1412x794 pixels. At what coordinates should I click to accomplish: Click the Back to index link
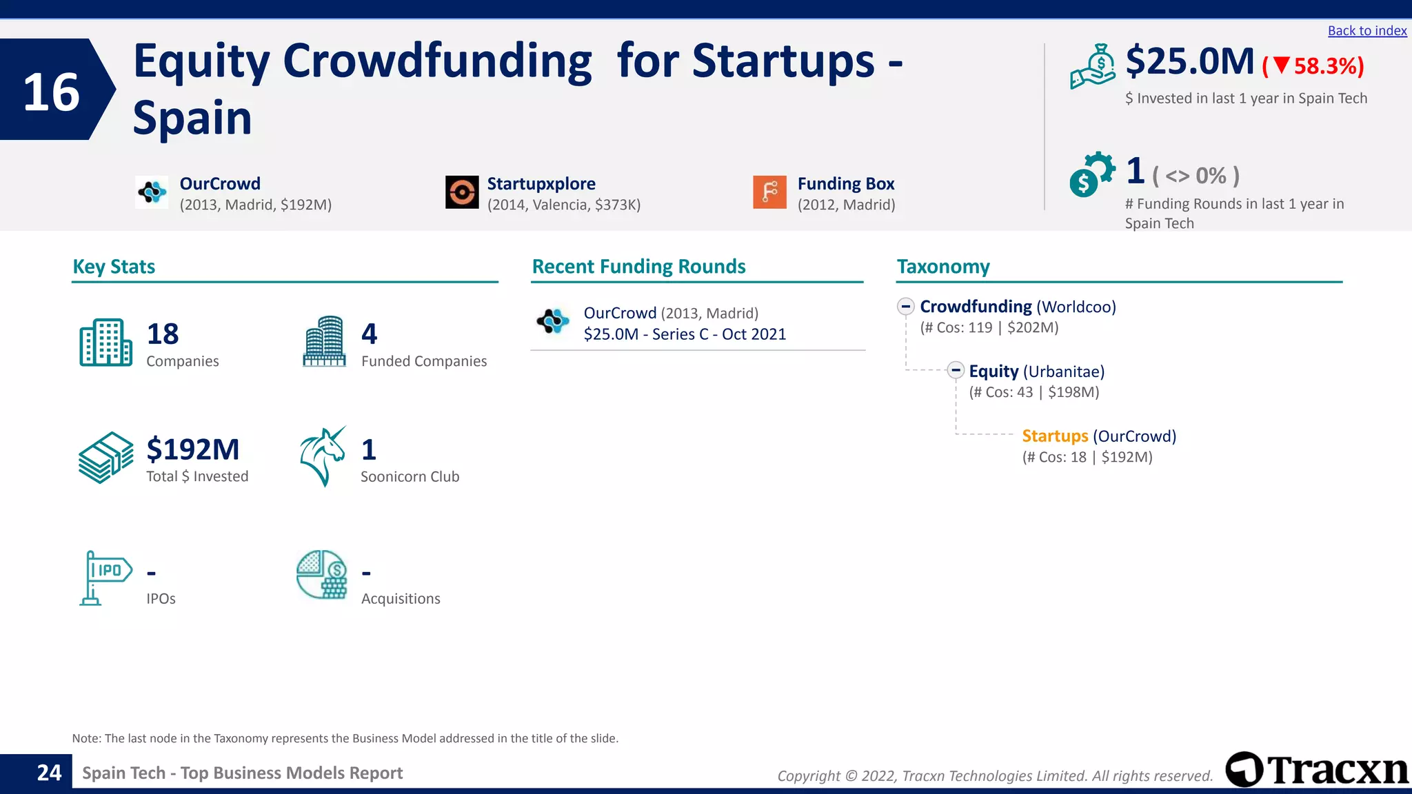point(1366,31)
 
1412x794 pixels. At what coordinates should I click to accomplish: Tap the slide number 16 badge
point(52,91)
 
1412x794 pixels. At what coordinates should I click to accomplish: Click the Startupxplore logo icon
point(462,192)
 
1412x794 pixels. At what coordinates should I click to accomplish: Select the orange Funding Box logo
point(769,192)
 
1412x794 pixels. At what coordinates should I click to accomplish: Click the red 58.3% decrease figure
point(1313,66)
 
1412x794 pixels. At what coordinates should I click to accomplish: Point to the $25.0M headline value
point(1189,61)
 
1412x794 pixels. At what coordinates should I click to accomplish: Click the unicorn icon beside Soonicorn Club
point(322,456)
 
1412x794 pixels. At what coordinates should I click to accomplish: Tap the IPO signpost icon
point(105,578)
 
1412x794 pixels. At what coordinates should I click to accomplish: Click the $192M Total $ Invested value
point(193,449)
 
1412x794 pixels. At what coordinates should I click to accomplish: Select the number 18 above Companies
point(163,334)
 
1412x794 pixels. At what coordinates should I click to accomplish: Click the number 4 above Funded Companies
point(370,334)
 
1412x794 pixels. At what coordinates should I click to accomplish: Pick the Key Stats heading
point(114,267)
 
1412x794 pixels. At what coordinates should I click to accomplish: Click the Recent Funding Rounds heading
point(638,267)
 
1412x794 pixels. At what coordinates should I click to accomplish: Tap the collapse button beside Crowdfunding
point(906,307)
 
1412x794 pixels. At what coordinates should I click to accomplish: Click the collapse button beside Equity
point(956,371)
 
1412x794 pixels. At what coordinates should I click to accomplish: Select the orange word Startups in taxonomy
point(1054,436)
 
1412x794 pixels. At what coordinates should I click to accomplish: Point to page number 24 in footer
point(49,773)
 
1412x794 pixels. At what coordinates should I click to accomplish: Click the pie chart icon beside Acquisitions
point(322,574)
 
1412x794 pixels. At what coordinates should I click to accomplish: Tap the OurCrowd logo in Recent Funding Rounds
point(553,321)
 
